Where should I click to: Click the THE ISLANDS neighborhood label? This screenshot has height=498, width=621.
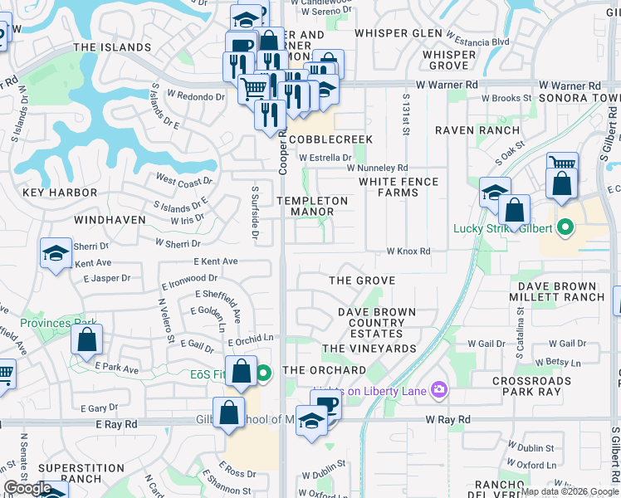112,47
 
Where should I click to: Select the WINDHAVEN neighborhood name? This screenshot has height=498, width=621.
110,220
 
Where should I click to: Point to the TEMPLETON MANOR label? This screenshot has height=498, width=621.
312,206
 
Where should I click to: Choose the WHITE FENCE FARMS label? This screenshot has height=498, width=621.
388,187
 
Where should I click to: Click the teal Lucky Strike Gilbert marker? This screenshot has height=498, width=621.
565,227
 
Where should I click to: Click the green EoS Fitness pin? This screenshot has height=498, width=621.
263,374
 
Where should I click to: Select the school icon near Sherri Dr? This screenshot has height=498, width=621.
56,253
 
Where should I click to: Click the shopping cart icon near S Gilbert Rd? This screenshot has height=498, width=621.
562,164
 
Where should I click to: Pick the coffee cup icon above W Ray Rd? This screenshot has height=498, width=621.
327,405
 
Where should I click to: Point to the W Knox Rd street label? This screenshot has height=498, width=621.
408,251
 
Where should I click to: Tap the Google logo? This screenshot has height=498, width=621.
27,487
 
